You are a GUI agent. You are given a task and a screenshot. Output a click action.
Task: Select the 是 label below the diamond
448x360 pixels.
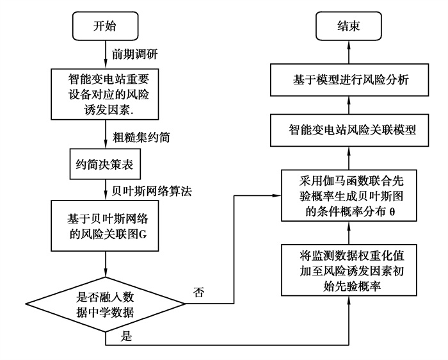[126, 336]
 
